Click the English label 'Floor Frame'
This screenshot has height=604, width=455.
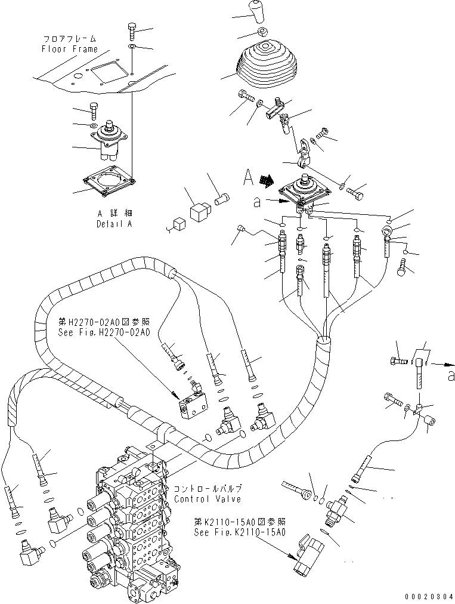click(x=69, y=50)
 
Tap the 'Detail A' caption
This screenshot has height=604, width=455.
click(x=113, y=224)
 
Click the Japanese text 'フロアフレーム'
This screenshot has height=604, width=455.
click(x=69, y=39)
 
